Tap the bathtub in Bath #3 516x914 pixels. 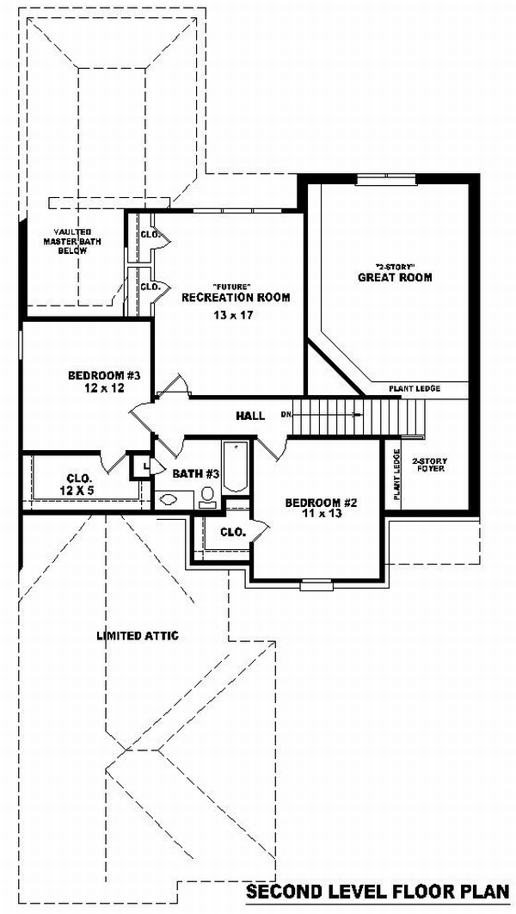coord(236,466)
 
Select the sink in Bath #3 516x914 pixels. coord(169,499)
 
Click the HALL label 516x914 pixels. coord(250,416)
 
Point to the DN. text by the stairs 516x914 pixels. coord(286,415)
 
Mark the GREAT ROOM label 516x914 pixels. coord(395,277)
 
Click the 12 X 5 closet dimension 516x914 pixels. coord(77,491)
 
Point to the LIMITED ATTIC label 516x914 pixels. coord(138,635)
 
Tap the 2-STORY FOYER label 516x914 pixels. coord(428,464)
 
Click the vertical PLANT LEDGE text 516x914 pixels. coord(396,474)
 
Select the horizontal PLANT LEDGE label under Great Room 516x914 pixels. coord(415,388)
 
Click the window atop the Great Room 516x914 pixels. coord(387,179)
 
